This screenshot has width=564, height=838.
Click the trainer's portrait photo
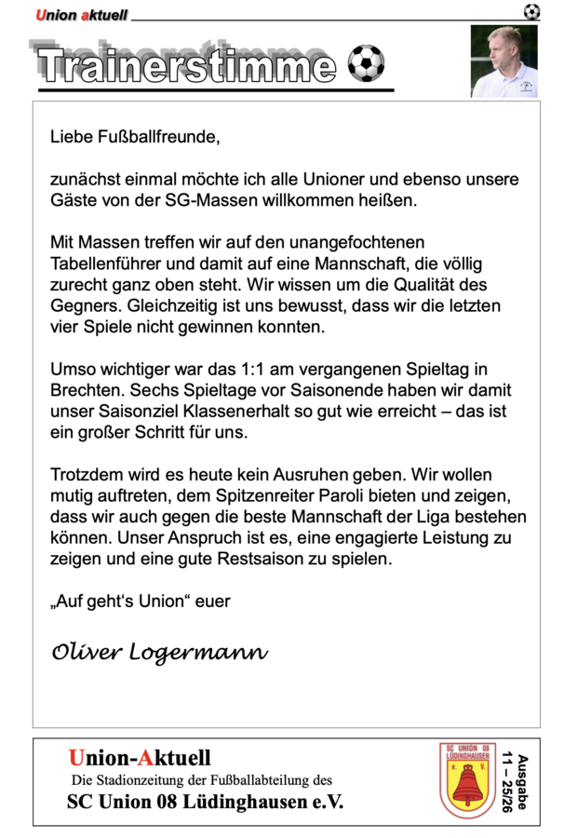pos(504,61)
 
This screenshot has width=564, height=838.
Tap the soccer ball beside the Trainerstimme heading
pos(365,63)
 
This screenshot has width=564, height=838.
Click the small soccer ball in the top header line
pos(531,12)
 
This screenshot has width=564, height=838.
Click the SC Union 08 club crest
pos(467,780)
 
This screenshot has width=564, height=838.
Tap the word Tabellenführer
pos(101,264)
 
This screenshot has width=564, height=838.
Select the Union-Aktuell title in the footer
pos(140,758)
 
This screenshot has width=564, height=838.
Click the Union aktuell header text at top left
pos(81,15)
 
